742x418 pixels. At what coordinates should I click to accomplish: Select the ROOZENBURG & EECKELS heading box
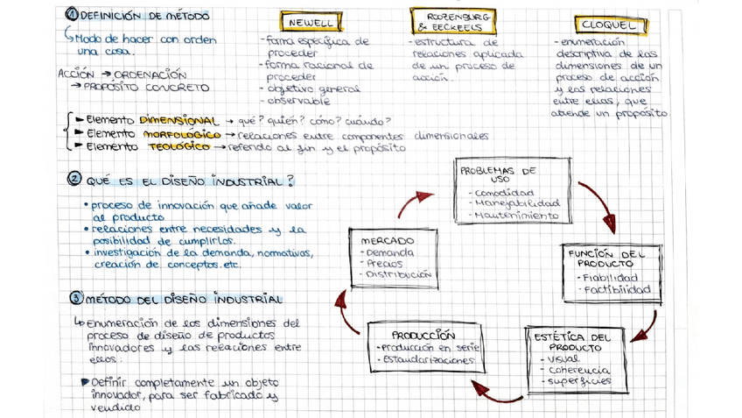coord(452,22)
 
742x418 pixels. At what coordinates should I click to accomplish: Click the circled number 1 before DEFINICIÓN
coord(72,15)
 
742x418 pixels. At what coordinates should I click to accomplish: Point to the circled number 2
coord(74,180)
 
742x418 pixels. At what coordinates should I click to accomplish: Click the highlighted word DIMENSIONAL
coord(178,120)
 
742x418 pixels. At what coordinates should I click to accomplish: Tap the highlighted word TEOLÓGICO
coord(179,148)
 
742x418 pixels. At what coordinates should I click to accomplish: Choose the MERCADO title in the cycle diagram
coord(388,240)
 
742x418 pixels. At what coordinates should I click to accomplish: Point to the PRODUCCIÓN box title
coord(423,335)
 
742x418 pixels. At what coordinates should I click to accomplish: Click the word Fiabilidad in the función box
coord(615,278)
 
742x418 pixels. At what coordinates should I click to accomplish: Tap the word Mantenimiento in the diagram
coord(516,215)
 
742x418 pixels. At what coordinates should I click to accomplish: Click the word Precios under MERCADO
coord(384,263)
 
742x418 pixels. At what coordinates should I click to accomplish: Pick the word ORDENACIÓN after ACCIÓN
coord(150,74)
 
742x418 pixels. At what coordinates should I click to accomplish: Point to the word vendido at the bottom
coord(115,407)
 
